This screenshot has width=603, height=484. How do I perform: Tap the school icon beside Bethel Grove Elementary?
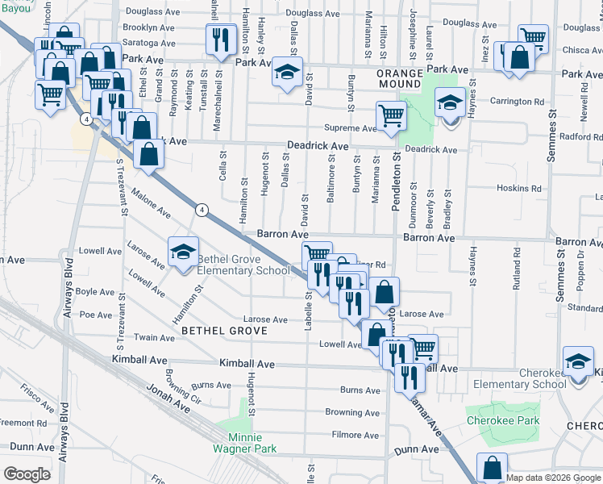tap(183, 252)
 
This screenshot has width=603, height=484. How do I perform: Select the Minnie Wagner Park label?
tap(246, 443)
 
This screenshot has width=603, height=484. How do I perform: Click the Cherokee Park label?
tap(503, 421)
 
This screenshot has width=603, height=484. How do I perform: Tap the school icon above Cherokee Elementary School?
tap(578, 361)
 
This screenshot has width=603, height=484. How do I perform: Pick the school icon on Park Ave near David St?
tap(286, 72)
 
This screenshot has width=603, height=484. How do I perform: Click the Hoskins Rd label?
tap(519, 189)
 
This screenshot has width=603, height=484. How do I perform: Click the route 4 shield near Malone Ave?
tap(202, 210)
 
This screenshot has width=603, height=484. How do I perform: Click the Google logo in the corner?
tap(27, 474)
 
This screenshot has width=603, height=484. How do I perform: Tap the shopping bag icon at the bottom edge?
tap(492, 467)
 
